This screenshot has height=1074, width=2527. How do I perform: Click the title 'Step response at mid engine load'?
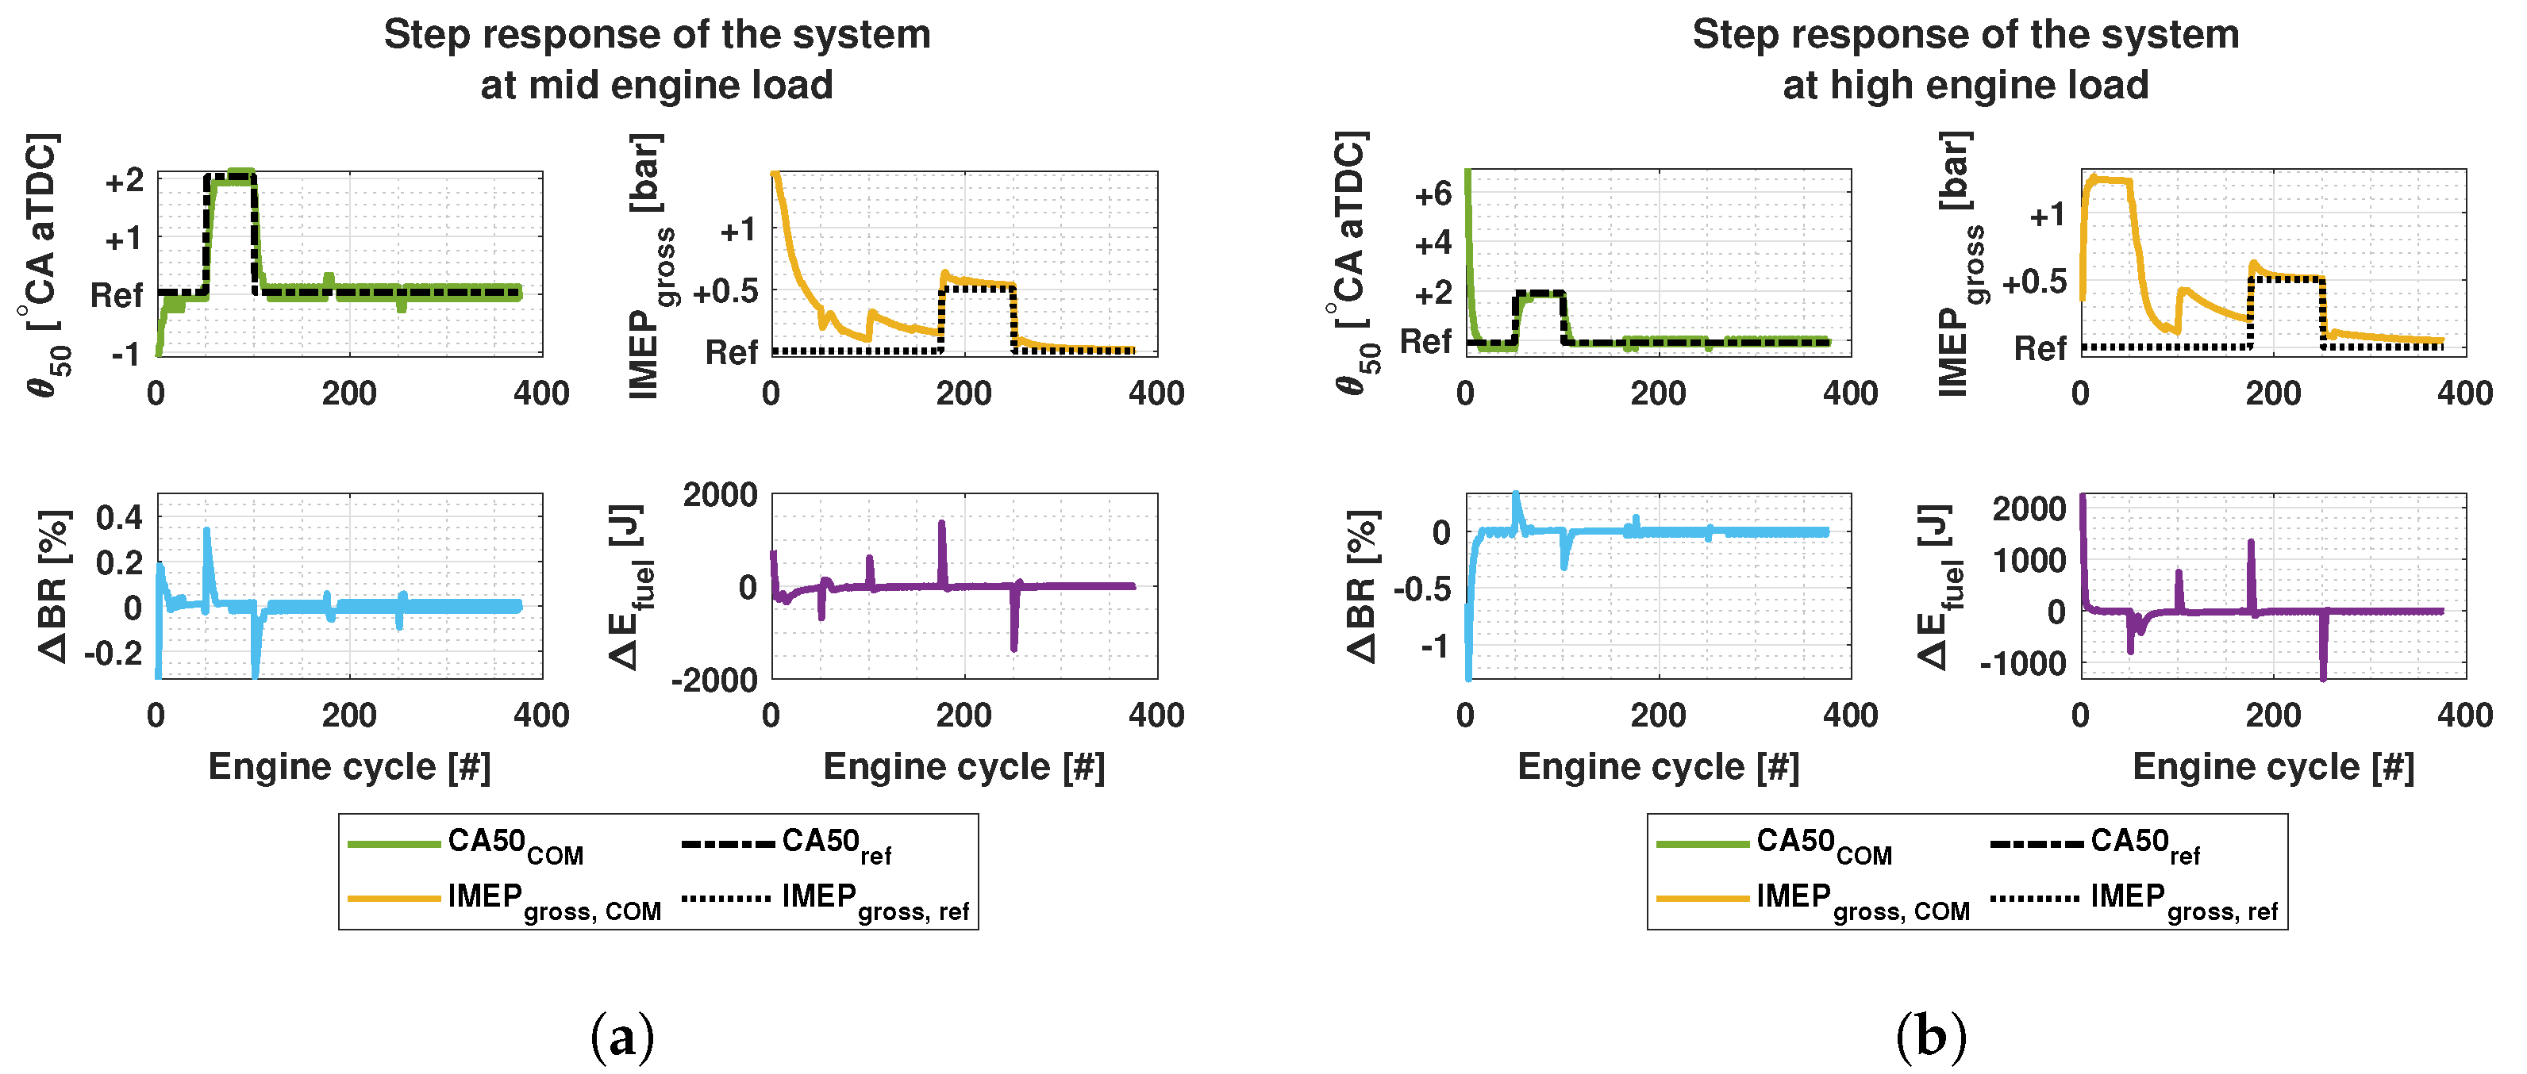[656, 59]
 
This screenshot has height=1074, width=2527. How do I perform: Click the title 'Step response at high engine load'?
[1965, 59]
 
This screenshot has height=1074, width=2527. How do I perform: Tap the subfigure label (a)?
[622, 1037]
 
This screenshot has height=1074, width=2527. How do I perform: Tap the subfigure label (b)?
[1930, 1037]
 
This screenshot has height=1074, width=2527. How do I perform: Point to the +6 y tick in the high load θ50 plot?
[1433, 194]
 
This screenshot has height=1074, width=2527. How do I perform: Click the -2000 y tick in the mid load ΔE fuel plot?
[714, 680]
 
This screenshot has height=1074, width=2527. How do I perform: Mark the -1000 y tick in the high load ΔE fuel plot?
[2023, 663]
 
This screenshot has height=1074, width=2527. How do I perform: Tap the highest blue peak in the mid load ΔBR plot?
[206, 531]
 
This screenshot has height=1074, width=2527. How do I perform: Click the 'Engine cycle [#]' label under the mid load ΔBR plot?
[349, 766]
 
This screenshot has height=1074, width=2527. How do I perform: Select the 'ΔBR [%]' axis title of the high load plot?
[1362, 585]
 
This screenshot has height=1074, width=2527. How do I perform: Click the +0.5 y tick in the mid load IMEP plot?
[725, 290]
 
